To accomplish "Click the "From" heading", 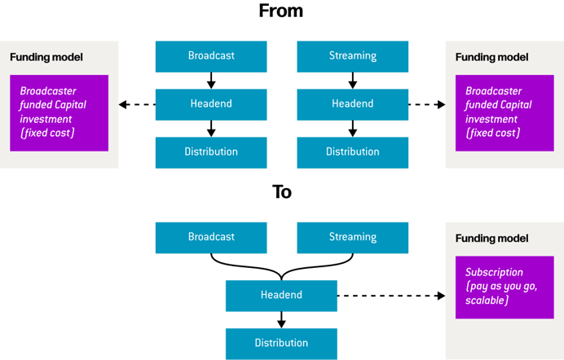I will pos(280,11).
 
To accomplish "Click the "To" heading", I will pos(281,192).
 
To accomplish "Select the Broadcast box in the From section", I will pos(211,56).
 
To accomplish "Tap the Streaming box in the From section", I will pos(352,56).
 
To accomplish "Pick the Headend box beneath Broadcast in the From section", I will pos(211,104).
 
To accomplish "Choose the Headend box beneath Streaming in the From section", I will pos(352,104).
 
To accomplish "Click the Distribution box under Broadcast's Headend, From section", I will pos(211,152).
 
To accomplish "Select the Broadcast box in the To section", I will pos(211,237).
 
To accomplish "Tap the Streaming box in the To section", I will pos(352,237).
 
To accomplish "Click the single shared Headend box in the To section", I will pos(281,295).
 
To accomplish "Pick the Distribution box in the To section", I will pos(281,343).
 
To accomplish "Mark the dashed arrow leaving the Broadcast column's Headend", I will pos(137,104).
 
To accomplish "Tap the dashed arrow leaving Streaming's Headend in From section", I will pos(426,104).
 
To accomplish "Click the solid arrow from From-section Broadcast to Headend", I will pos(211,81).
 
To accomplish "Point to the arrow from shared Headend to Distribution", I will pos(281,319).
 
